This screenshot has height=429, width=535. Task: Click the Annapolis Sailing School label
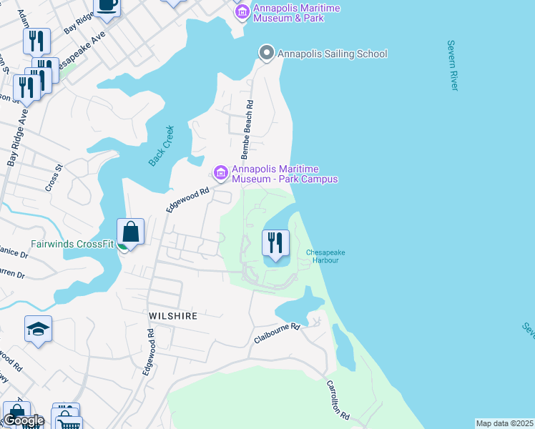pos(332,54)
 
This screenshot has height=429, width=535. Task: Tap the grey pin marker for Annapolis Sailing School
pos(266,53)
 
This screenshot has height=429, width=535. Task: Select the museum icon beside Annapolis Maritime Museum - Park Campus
pos(220,172)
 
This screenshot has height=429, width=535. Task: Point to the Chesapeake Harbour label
pos(322,256)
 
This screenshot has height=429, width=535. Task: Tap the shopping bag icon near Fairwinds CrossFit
pos(130,232)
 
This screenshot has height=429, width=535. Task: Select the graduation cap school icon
pos(39,328)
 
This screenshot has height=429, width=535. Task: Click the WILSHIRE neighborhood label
pos(172,315)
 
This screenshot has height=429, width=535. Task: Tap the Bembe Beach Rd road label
pos(248,119)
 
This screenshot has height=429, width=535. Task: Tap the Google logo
pos(24,420)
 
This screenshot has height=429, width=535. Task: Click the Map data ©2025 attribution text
pos(505,423)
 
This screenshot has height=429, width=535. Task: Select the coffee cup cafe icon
pos(107,4)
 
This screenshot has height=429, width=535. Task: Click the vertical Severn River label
pos(451,65)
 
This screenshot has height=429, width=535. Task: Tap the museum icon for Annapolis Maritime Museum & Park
pos(242,12)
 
